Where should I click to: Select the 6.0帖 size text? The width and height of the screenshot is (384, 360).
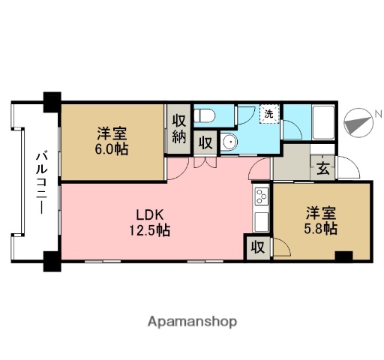click(x=112, y=149)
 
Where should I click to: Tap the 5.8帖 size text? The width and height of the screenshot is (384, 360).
click(x=320, y=227)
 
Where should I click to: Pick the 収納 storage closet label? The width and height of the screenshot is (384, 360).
click(x=178, y=128)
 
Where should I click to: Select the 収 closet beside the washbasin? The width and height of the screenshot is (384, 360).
click(x=205, y=142)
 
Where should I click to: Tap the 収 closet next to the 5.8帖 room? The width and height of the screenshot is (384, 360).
click(x=257, y=247)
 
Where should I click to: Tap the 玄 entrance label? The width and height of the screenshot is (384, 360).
click(x=321, y=167)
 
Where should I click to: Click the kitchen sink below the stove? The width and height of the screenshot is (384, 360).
click(x=262, y=221)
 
